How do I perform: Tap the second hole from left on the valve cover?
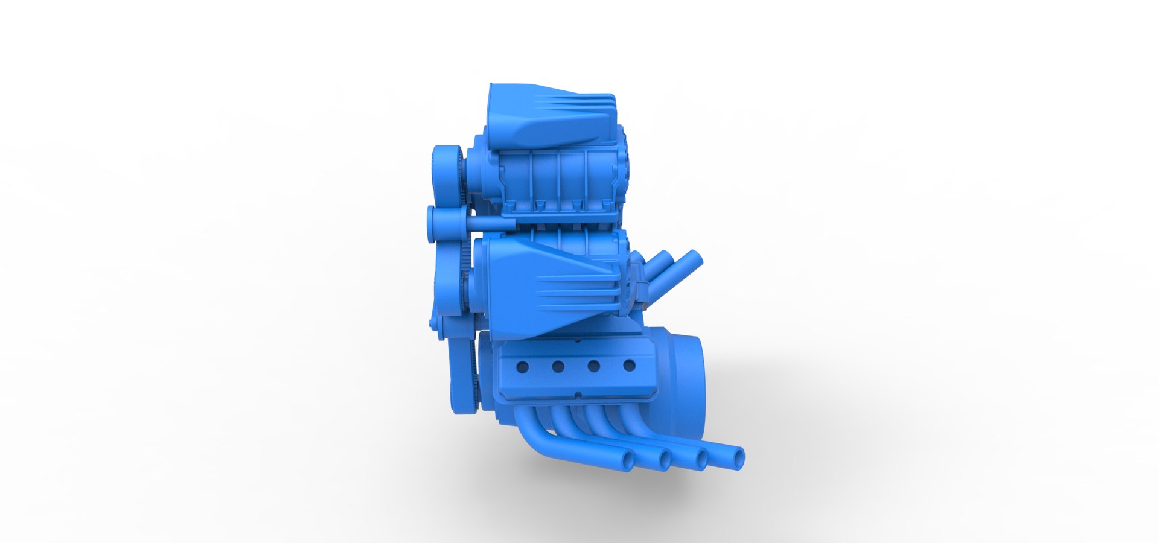[x=558, y=366]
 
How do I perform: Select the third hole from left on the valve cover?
[x=593, y=366]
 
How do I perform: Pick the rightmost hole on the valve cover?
[x=629, y=365]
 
